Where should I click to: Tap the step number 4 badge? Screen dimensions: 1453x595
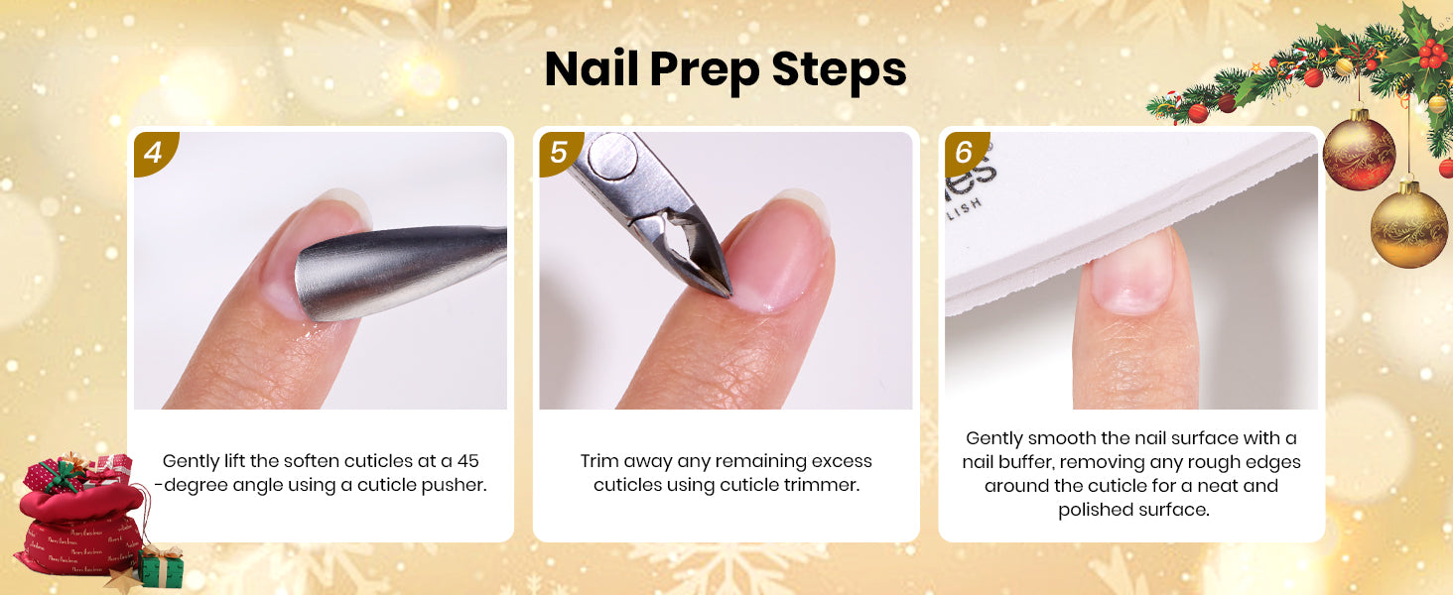(x=154, y=153)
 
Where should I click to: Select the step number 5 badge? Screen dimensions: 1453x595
(x=559, y=153)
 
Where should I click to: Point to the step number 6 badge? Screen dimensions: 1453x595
(x=965, y=153)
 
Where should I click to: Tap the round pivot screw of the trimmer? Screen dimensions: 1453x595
(x=611, y=156)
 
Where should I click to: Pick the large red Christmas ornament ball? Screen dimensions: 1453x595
(x=1359, y=150)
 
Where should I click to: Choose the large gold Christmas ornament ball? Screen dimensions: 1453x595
(x=1408, y=224)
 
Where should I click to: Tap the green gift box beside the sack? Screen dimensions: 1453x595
(x=162, y=568)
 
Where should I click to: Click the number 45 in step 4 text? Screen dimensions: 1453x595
(x=467, y=461)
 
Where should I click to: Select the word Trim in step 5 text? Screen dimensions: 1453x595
(x=598, y=461)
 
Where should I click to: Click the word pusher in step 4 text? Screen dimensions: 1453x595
(x=455, y=486)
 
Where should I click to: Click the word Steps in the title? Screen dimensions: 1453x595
(x=839, y=69)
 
